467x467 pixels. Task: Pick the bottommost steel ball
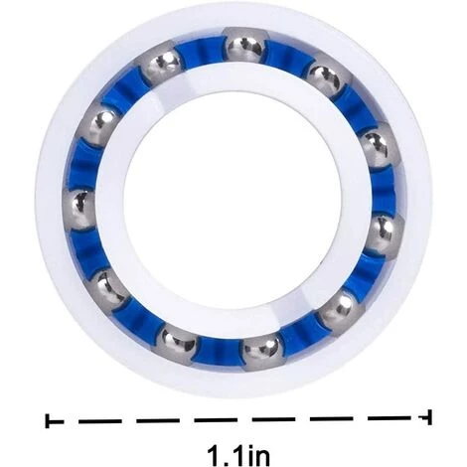point(262,352)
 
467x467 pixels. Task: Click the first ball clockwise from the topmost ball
point(326,78)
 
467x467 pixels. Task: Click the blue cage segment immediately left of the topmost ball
point(202,52)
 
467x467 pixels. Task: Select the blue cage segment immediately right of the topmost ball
point(287,57)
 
